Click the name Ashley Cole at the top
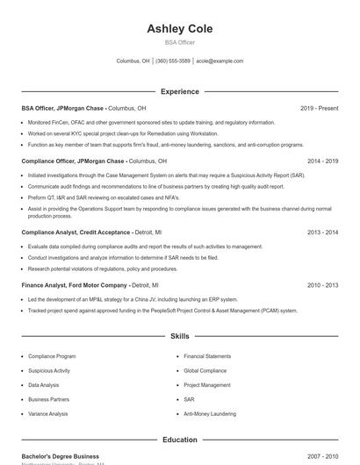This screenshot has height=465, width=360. (180, 29)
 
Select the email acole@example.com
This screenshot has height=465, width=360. (220, 61)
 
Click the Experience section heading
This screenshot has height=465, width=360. (180, 91)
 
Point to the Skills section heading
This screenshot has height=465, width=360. (180, 336)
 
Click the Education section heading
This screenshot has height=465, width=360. (180, 440)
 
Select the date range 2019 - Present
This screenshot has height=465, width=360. (319, 108)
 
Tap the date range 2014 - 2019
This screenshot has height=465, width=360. (322, 161)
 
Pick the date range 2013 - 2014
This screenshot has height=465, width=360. (322, 232)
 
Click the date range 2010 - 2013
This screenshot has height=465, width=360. (322, 285)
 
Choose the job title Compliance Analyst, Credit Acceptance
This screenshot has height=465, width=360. (76, 232)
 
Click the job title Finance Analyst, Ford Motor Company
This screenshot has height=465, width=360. (75, 285)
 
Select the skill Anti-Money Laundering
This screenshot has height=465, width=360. (210, 413)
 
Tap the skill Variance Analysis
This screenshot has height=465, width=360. (47, 413)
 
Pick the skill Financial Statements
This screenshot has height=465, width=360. (207, 356)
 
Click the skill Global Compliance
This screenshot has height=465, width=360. (205, 370)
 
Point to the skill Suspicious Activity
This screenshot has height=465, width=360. (49, 370)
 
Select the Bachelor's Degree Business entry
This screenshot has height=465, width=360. (60, 456)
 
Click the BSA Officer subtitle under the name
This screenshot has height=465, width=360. (180, 42)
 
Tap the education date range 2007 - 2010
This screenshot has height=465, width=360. (322, 456)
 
